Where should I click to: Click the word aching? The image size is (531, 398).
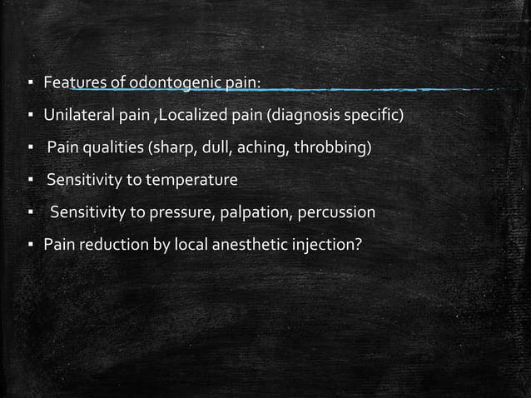tap(263, 148)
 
